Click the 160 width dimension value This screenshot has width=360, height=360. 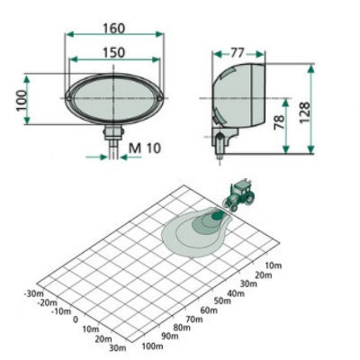[x=113, y=15]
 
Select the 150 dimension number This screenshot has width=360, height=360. [x=113, y=53]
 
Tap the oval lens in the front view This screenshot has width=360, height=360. [x=112, y=96]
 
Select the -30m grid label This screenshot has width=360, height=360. [x=33, y=292]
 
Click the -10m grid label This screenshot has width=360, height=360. [x=59, y=310]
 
